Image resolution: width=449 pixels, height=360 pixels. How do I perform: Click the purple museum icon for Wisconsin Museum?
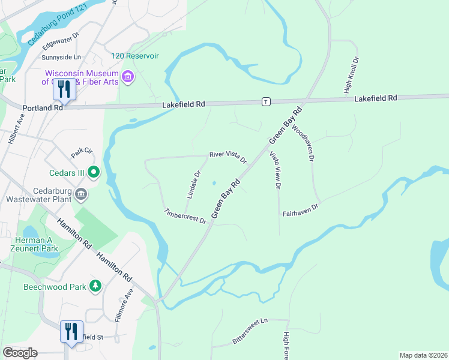point(127,76)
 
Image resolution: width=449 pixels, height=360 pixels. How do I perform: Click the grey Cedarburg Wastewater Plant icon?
point(82,194)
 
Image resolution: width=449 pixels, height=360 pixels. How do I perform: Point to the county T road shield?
point(265,102)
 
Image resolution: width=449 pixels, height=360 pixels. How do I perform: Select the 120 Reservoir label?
point(134,56)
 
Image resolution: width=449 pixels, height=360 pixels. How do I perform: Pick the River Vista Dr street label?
point(228,157)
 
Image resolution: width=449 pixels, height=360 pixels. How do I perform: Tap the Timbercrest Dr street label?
point(185,216)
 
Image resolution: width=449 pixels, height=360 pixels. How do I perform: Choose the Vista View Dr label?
point(275,170)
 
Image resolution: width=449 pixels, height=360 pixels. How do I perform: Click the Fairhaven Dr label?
point(300,209)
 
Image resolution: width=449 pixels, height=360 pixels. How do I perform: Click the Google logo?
point(20,352)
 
